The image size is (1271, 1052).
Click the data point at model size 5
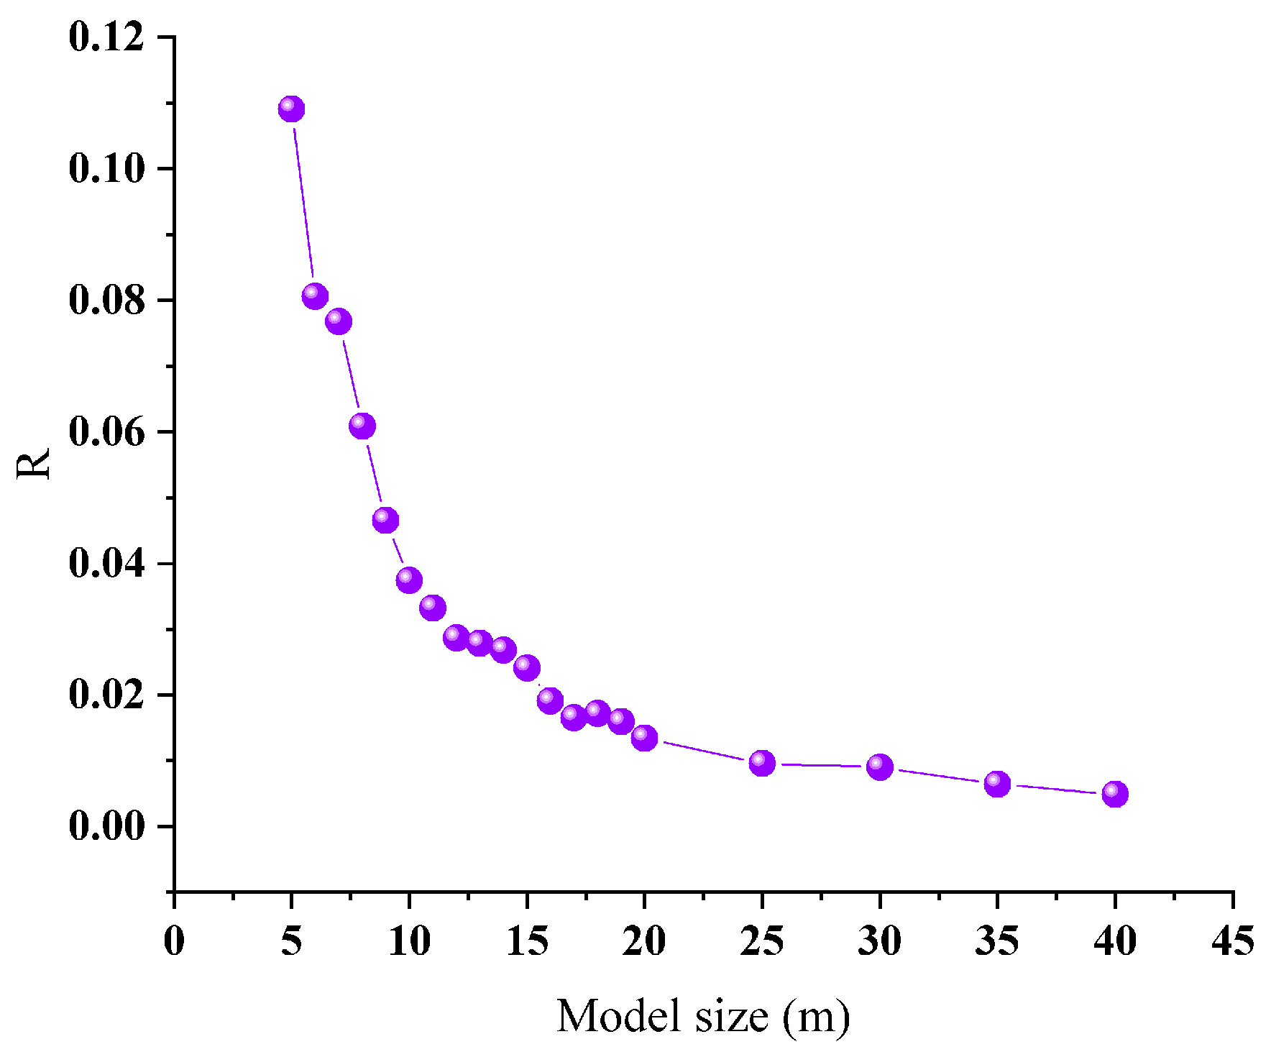(x=291, y=109)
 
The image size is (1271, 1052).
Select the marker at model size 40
(x=1115, y=794)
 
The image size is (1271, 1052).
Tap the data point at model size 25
(x=762, y=763)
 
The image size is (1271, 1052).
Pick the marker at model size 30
(x=880, y=767)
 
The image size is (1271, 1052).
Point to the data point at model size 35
(x=997, y=784)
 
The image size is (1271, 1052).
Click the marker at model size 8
(x=362, y=426)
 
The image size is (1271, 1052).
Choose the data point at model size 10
(x=409, y=580)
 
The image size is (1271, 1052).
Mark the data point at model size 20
(x=644, y=737)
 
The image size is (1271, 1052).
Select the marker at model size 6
(x=315, y=296)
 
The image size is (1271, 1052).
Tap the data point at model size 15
(x=527, y=668)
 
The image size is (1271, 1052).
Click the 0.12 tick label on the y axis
(x=106, y=37)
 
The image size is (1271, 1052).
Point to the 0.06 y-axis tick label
(x=106, y=432)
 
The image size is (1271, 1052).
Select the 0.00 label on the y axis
(x=106, y=827)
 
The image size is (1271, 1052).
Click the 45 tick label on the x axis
(x=1233, y=941)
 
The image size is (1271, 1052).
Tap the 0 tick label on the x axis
(x=174, y=941)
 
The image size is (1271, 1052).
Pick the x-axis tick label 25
(x=762, y=941)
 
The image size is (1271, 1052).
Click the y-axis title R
(x=34, y=464)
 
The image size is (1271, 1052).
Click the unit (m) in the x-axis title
(x=816, y=1017)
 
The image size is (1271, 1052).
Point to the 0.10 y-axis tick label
(x=106, y=169)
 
